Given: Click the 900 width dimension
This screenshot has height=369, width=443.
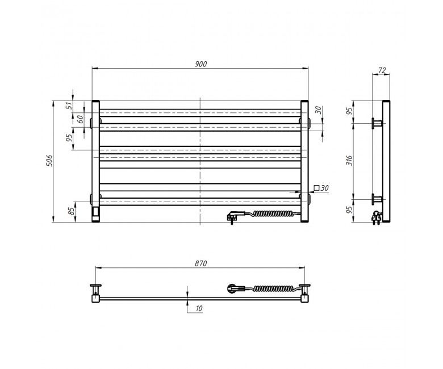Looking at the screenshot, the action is pos(201,64).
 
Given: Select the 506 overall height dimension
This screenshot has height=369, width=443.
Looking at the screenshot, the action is pos(49,160).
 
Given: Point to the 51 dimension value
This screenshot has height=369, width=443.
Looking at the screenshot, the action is pos(69,106).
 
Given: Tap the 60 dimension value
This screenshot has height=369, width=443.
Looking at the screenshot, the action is pos(81,119).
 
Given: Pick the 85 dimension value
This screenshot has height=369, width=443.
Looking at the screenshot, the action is pos(72,211).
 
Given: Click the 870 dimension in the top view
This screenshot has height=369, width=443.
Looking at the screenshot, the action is pos(201,263).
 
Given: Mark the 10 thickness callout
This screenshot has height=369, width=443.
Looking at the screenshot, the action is pos(199,308).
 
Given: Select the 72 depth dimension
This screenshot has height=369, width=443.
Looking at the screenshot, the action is pos(382,70).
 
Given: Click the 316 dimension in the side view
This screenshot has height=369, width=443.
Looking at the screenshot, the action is pos(350,160).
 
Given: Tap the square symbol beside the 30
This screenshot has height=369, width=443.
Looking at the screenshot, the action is pos(317,188).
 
